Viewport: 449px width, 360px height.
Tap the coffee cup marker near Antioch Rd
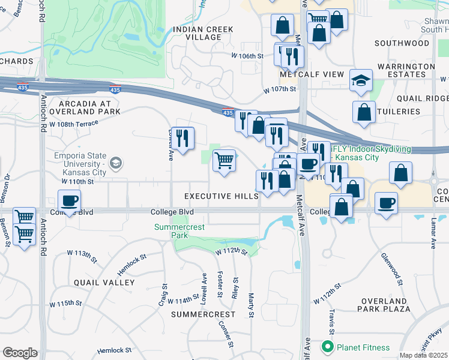[70, 200]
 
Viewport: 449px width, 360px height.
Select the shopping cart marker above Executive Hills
[224, 160]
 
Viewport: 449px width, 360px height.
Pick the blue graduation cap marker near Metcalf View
[361, 80]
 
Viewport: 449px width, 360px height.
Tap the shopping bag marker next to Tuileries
[364, 112]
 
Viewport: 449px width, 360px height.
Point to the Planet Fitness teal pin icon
[327, 347]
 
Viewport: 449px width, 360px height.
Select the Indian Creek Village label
[197, 33]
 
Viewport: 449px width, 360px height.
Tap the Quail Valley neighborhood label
[104, 282]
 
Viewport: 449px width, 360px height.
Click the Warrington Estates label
[405, 71]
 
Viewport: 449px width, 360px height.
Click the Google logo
[19, 352]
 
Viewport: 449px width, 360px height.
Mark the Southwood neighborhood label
[402, 43]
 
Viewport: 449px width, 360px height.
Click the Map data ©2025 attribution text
[424, 355]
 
